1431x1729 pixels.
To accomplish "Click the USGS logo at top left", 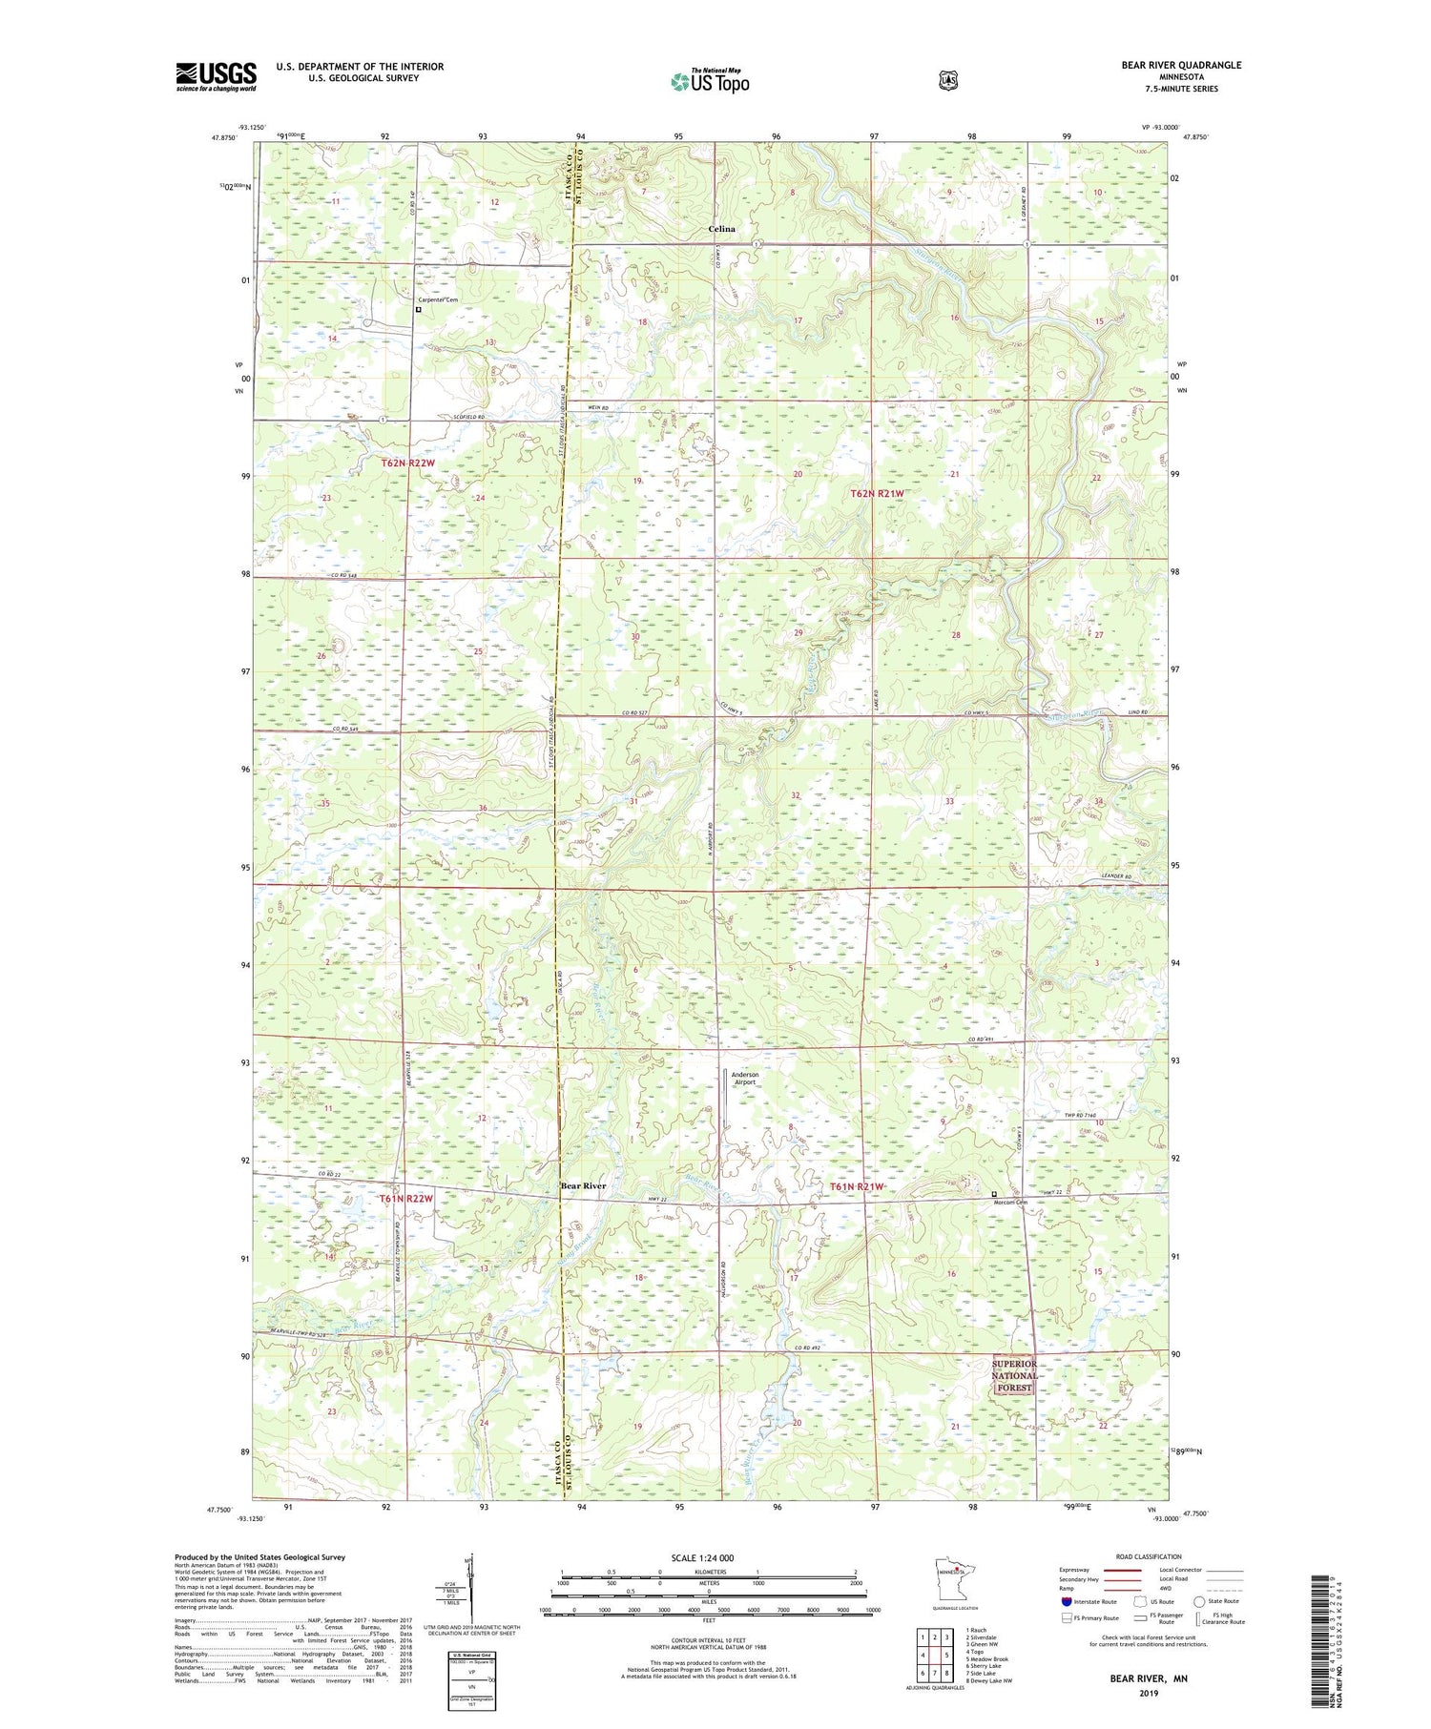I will tap(216, 76).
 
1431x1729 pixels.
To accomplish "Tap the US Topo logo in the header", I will tap(711, 81).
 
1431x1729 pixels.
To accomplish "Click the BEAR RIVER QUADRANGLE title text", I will tap(1181, 65).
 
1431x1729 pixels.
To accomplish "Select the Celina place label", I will tap(721, 229).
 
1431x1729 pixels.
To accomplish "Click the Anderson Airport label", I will tap(745, 1078).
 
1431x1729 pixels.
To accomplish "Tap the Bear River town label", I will tap(583, 1185).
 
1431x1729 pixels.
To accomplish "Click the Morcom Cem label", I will tap(1013, 1202).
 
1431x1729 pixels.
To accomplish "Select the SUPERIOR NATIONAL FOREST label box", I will tap(1013, 1375).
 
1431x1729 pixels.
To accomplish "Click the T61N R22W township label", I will tap(405, 1198).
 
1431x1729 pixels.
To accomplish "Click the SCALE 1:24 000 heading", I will tap(709, 1557).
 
